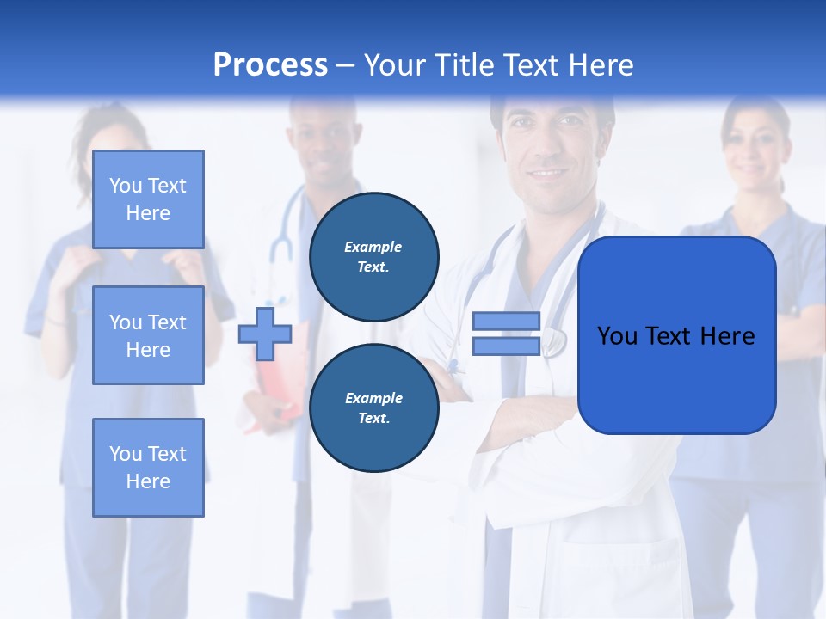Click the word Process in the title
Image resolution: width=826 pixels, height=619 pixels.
pyautogui.click(x=270, y=65)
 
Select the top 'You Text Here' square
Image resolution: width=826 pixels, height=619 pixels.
pyautogui.click(x=148, y=199)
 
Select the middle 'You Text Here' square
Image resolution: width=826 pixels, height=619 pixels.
pyautogui.click(x=148, y=335)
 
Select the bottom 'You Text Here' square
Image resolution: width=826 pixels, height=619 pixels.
pyautogui.click(x=148, y=467)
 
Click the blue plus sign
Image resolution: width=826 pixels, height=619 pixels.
pyautogui.click(x=265, y=334)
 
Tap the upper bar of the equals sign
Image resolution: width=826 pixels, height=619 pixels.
pyautogui.click(x=506, y=321)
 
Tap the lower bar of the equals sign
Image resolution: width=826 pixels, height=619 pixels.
pyautogui.click(x=506, y=346)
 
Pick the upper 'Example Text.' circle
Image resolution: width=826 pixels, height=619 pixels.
pyautogui.click(x=373, y=257)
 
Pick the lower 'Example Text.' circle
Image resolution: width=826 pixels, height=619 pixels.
pyautogui.click(x=373, y=408)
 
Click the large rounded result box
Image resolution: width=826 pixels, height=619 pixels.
pyautogui.click(x=676, y=335)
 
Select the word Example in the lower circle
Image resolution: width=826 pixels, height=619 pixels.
pyautogui.click(x=373, y=398)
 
